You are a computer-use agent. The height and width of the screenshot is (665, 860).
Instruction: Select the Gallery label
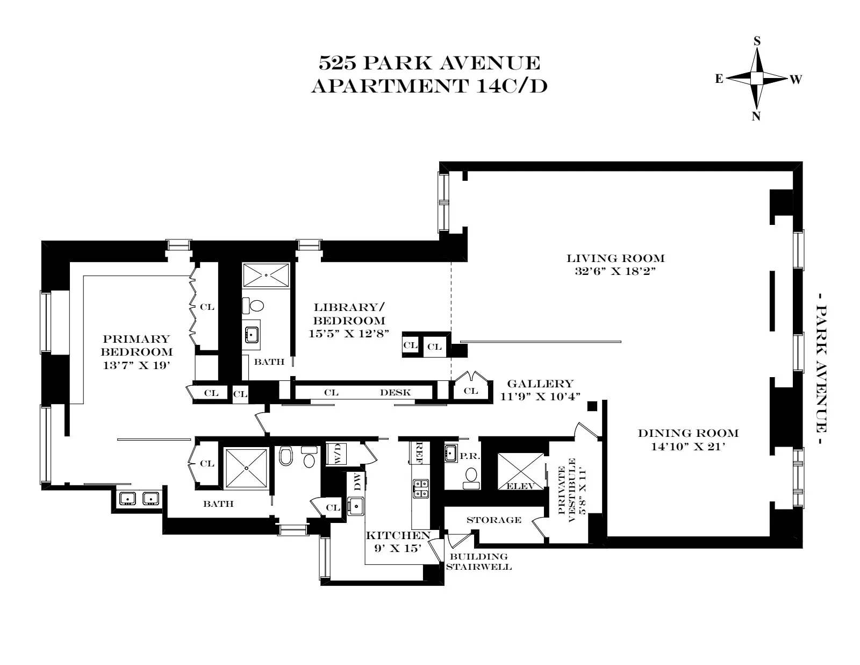pyautogui.click(x=540, y=384)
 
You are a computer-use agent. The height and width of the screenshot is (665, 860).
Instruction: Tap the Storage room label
pyautogui.click(x=493, y=520)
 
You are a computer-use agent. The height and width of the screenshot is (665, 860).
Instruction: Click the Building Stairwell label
pyautogui.click(x=478, y=562)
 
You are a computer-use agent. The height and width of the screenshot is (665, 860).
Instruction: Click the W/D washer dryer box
pyautogui.click(x=338, y=454)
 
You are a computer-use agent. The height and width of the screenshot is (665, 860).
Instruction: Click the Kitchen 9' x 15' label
pyautogui.click(x=398, y=541)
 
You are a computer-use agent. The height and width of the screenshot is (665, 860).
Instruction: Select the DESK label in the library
pyautogui.click(x=395, y=393)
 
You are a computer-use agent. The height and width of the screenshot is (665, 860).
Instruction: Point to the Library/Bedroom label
pyautogui.click(x=349, y=314)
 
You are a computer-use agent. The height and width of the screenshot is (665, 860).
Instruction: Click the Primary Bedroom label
pyautogui.click(x=137, y=345)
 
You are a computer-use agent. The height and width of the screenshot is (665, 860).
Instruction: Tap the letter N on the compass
pyautogui.click(x=756, y=116)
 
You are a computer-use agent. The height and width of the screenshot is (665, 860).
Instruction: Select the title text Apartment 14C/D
pyautogui.click(x=429, y=86)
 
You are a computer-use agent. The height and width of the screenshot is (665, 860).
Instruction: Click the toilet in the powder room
pyautogui.click(x=471, y=476)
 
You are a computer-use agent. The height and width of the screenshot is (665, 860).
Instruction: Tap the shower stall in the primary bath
pyautogui.click(x=246, y=469)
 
